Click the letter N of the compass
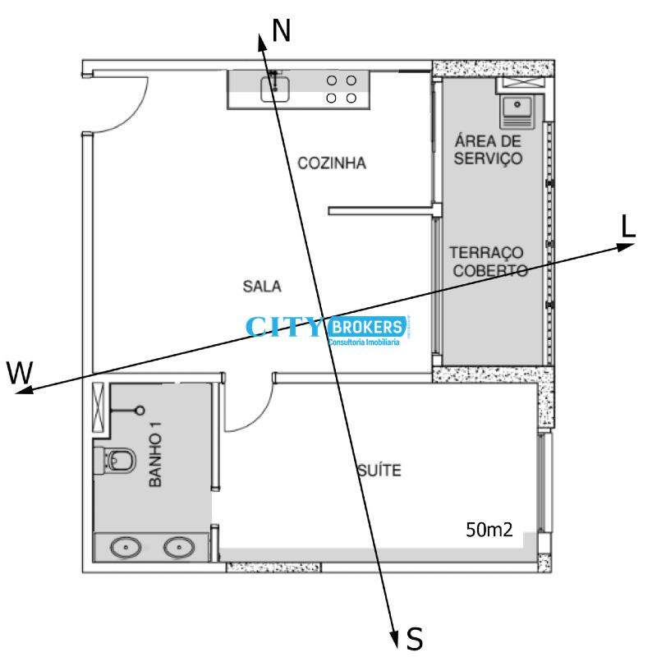281,30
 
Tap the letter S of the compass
415,639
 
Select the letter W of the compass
20,372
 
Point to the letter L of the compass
628,227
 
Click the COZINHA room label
332,163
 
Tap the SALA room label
262,287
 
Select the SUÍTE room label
379,470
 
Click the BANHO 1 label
155,454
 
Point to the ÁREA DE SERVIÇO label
488,149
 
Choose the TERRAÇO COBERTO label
488,261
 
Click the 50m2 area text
489,530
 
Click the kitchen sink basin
275,89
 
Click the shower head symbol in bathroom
140,410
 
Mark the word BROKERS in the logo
367,327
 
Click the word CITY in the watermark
283,327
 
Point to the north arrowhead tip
260,34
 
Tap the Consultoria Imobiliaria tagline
364,342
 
